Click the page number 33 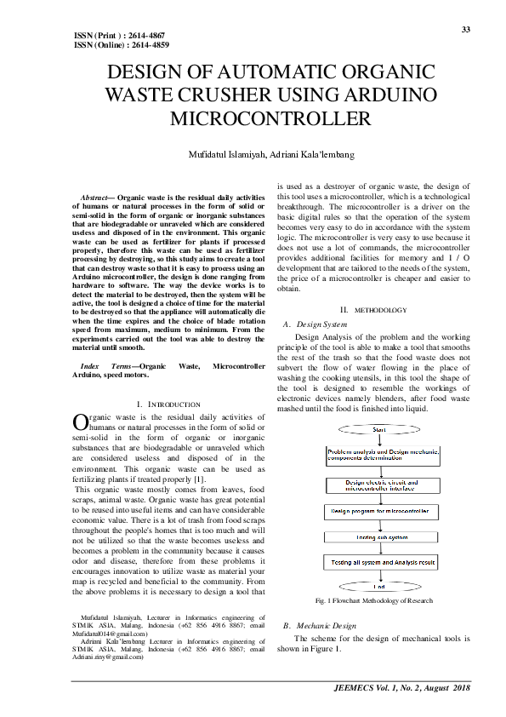tap(466, 29)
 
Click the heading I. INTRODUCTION tap(168, 403)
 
